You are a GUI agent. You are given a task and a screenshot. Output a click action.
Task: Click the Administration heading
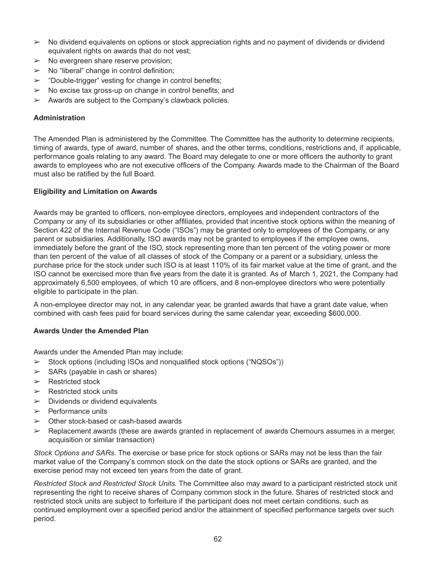59,118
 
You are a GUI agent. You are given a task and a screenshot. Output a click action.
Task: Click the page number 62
217,539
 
